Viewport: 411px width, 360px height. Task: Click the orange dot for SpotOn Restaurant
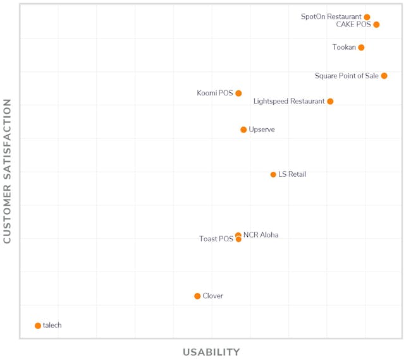pos(367,17)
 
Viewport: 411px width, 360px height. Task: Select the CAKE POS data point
pos(376,25)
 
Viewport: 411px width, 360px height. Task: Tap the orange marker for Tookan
pos(361,47)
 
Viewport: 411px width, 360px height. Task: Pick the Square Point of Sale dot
pos(384,76)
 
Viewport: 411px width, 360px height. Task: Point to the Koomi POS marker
pos(238,93)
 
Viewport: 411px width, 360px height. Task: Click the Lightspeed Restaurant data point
pos(330,101)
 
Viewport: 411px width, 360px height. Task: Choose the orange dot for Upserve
pos(243,129)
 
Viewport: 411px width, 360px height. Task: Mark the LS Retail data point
pos(273,174)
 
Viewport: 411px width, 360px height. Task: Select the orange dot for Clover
pos(197,296)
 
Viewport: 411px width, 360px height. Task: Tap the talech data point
pos(38,326)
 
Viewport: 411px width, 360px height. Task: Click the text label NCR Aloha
pos(261,235)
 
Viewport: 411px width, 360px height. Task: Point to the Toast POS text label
pos(216,239)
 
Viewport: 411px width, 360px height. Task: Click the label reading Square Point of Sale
pos(347,76)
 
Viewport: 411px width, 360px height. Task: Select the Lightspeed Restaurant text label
pos(289,101)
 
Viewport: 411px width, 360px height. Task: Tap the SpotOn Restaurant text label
pos(331,17)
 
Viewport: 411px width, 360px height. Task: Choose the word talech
pos(52,326)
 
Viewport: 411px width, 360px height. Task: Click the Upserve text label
pos(262,129)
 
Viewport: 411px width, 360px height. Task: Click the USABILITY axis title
pos(211,352)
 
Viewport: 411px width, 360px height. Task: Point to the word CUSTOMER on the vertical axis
pos(8,212)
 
